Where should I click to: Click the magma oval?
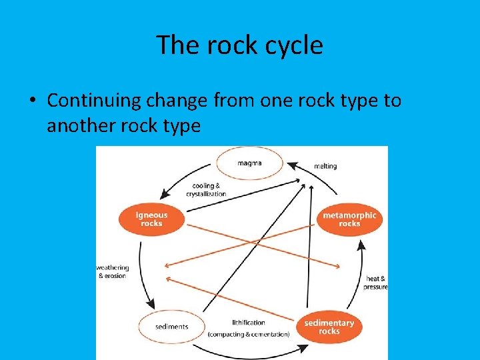click(x=249, y=163)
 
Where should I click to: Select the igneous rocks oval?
click(x=151, y=219)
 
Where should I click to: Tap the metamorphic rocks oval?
click(x=349, y=219)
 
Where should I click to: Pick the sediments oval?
click(x=171, y=327)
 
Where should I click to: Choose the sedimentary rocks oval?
click(x=329, y=327)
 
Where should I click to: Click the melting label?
click(x=325, y=166)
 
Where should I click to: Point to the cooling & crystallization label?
click(x=206, y=190)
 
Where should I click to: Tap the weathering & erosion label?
click(x=113, y=271)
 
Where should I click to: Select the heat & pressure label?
click(x=375, y=282)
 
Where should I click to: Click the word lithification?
click(x=248, y=323)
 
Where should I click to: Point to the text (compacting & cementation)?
click(x=249, y=333)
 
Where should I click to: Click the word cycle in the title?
click(x=293, y=45)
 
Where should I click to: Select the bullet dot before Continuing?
click(x=32, y=101)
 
